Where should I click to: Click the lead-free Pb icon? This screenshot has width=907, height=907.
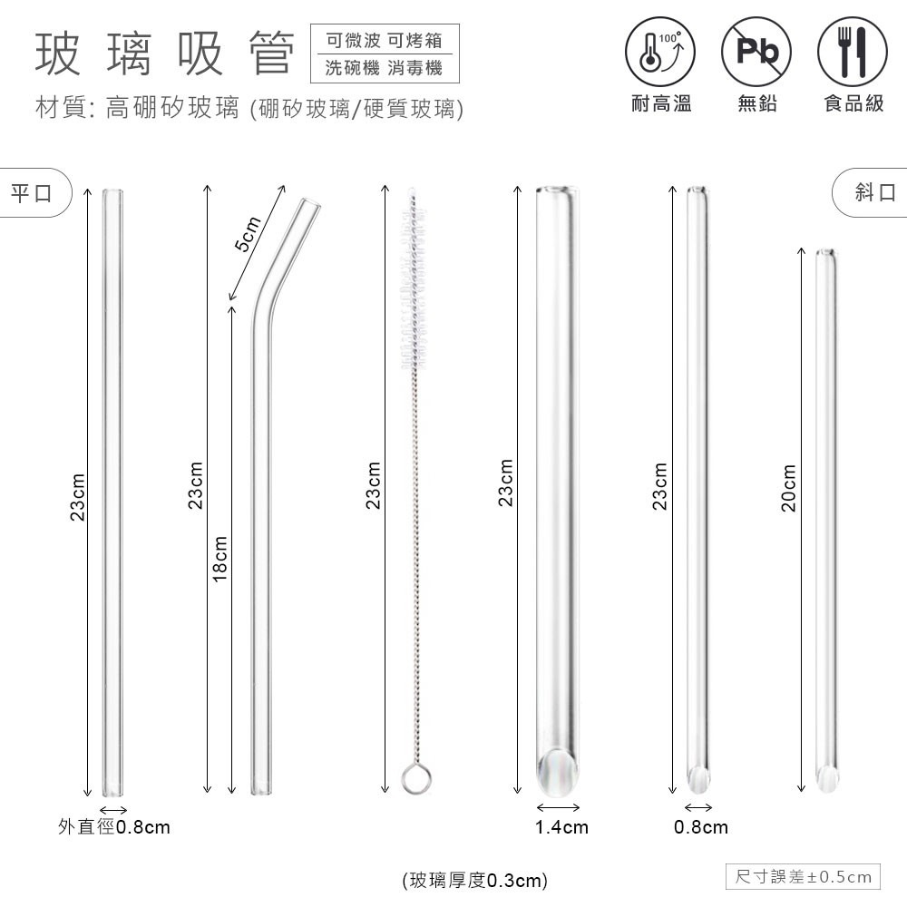pyautogui.click(x=756, y=52)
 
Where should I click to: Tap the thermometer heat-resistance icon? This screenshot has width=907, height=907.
pyautogui.click(x=660, y=52)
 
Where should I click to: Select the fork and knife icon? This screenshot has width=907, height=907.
pyautogui.click(x=852, y=52)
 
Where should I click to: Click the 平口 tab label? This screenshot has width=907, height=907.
pyautogui.click(x=31, y=192)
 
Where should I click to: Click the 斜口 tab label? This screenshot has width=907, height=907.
pyautogui.click(x=876, y=192)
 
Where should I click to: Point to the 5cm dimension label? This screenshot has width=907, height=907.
pyautogui.click(x=249, y=234)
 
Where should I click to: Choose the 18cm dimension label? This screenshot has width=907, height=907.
pyautogui.click(x=220, y=559)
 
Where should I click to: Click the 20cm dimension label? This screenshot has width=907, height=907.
pyautogui.click(x=789, y=488)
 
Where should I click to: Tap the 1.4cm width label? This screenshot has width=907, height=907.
pyautogui.click(x=561, y=827)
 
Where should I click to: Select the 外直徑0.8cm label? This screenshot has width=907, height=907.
pyautogui.click(x=114, y=826)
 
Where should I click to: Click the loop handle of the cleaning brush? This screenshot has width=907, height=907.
pyautogui.click(x=416, y=778)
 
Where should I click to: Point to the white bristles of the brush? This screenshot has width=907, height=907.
pyautogui.click(x=414, y=282)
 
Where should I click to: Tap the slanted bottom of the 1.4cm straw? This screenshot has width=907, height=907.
pyautogui.click(x=557, y=772)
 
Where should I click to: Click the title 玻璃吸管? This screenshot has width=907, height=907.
pyautogui.click(x=165, y=54)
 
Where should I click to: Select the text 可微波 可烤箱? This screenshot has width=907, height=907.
pyautogui.click(x=384, y=41)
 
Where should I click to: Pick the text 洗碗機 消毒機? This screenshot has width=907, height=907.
pyautogui.click(x=384, y=68)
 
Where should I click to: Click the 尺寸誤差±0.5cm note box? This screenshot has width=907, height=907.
pyautogui.click(x=803, y=876)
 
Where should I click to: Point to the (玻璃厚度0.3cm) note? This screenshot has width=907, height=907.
pyautogui.click(x=474, y=881)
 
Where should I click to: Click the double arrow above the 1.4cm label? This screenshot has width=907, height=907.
pyautogui.click(x=558, y=807)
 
